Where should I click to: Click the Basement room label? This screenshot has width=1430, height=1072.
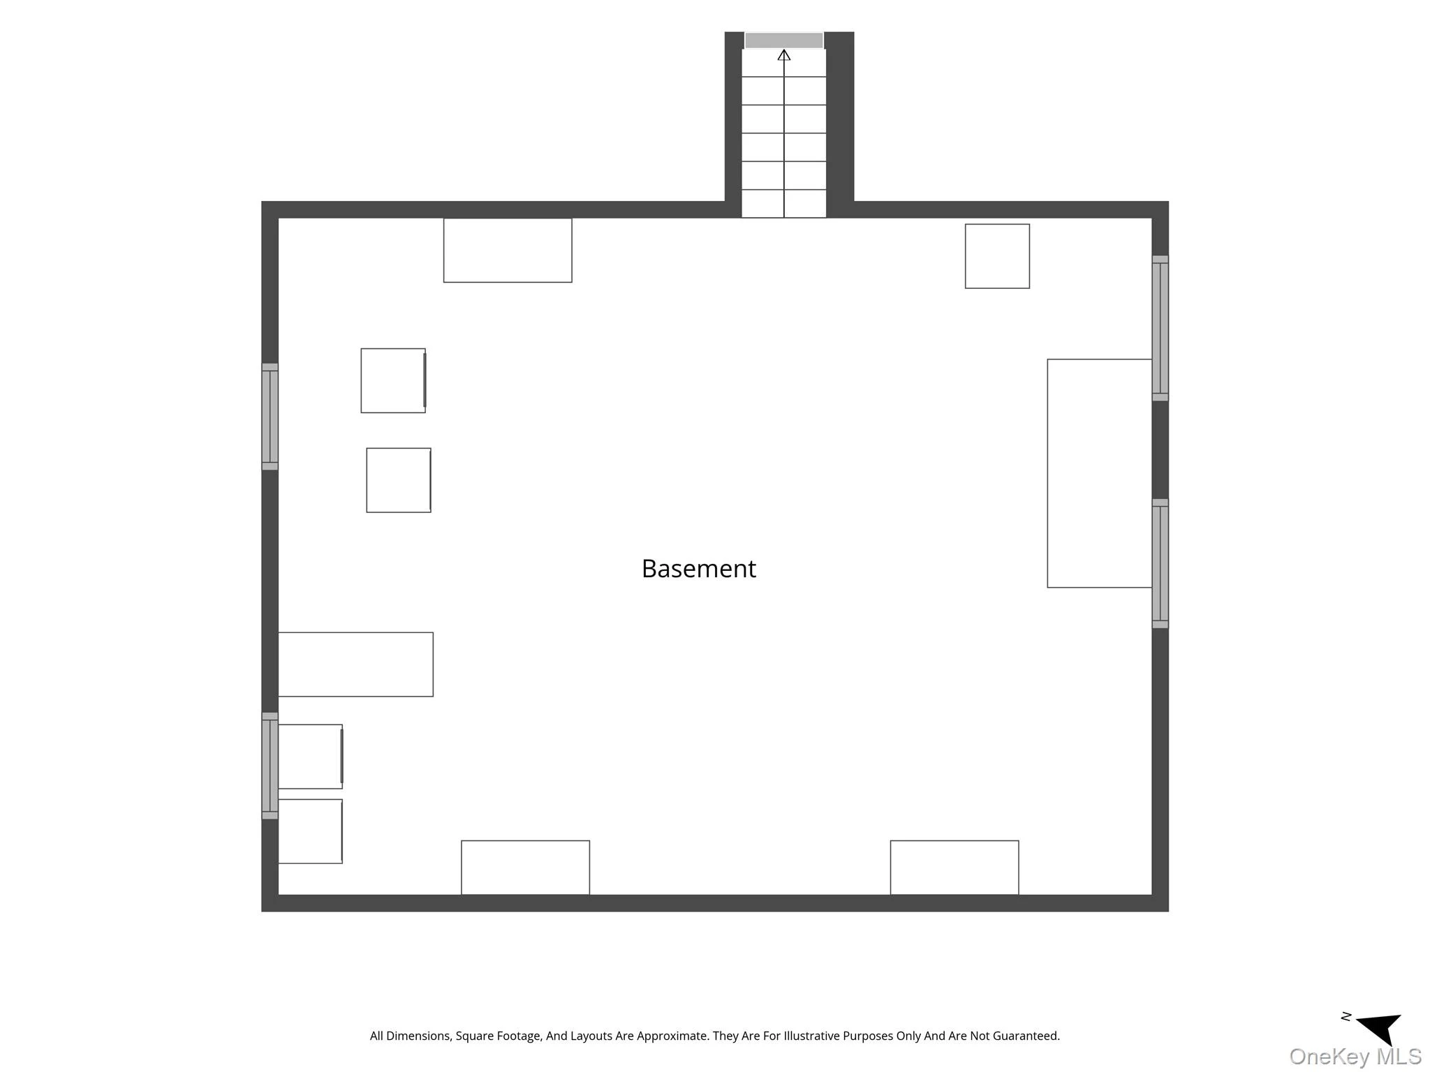pos(698,569)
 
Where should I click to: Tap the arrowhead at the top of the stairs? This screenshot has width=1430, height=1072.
pos(784,55)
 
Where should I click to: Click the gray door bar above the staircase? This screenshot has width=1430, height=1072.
pos(784,40)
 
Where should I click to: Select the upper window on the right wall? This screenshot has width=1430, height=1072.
pos(1160,328)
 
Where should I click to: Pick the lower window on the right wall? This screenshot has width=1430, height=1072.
pos(1160,564)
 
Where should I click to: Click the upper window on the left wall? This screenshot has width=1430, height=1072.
pos(270,417)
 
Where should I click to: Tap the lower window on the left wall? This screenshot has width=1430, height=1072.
pos(270,766)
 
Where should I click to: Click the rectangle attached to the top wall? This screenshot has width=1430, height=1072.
pos(508,250)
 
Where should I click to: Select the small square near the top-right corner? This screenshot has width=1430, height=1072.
pos(997,256)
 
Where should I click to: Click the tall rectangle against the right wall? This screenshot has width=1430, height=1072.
pos(1100,473)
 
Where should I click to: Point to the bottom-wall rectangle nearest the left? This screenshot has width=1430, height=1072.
pos(525,868)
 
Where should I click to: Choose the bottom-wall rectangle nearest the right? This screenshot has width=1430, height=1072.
pos(954,868)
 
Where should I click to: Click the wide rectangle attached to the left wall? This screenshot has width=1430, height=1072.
pos(355,664)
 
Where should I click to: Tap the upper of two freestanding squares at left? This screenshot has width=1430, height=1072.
pos(393,380)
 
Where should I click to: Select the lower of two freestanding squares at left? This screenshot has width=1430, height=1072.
pos(399,480)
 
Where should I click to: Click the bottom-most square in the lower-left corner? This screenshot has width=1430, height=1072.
pos(310,831)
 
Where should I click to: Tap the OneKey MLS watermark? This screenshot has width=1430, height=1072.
pos(1355,1056)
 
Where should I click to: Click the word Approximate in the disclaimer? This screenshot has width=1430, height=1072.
pos(649,1036)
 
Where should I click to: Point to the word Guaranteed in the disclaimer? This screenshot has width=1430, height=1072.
pos(1026,1036)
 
